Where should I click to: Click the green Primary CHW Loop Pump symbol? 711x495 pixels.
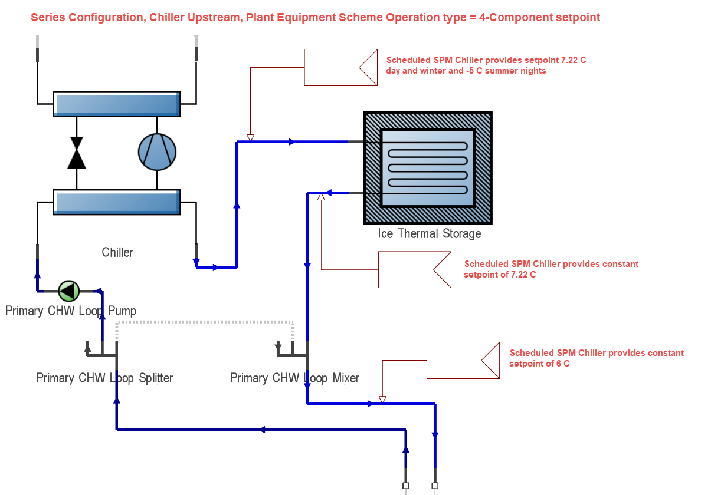68,291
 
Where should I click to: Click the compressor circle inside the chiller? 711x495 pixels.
157,151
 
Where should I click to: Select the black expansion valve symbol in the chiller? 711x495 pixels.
77,153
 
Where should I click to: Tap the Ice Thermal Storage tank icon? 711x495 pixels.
427,168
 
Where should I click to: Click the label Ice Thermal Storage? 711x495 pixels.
429,234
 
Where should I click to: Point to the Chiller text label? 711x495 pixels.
117,252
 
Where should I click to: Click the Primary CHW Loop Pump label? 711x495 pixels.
71,311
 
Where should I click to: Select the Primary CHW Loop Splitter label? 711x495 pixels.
104,378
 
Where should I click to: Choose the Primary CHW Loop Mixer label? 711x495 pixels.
294,378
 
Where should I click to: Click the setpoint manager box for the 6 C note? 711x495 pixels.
463,360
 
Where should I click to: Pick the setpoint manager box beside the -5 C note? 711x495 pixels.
340,67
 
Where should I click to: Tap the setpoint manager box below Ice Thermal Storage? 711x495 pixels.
414,270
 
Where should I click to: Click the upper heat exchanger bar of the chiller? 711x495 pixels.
116,104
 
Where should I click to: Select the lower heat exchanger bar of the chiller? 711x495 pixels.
116,202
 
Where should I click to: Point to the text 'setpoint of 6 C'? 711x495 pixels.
539,364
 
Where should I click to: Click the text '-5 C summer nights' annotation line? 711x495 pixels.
466,71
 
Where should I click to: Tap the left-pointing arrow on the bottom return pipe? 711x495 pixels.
262,430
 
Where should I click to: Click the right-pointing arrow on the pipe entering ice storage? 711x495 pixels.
291,141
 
